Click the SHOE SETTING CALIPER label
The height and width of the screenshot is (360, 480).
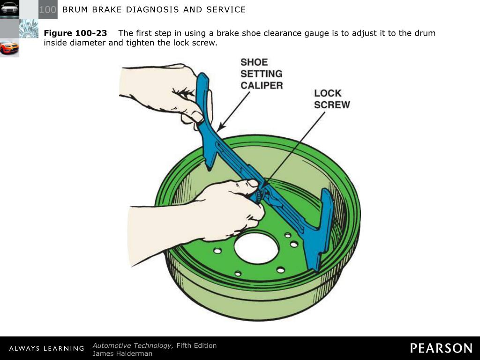pos(261,74)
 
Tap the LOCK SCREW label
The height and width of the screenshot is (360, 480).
pos(332,99)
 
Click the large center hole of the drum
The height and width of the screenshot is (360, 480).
pos(256,247)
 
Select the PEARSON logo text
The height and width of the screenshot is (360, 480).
pos(441,348)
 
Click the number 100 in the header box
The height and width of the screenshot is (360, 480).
pos(47,9)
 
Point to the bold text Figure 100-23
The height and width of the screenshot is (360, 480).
pos(75,33)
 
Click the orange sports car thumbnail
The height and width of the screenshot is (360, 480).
pos(9,47)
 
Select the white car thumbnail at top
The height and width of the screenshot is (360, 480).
pos(9,8)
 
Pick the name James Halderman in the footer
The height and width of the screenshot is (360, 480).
pos(122,353)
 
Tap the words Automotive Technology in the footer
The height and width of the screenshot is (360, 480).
pos(133,345)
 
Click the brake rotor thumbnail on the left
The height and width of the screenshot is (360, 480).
pos(29,29)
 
